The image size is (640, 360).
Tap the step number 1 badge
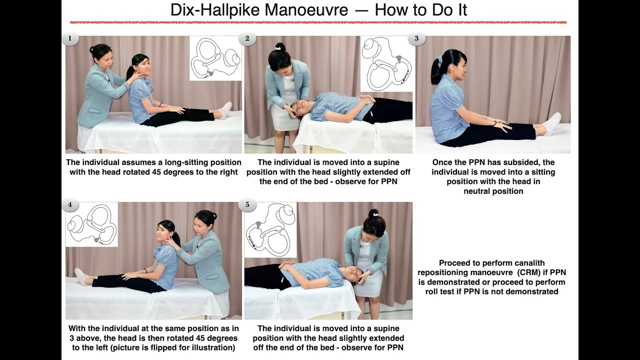pos(70,38)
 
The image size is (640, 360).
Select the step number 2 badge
pos(247,38)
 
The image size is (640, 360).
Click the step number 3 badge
pos(416,38)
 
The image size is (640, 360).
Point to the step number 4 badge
pos(70,204)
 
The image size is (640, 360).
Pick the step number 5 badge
pos(247,204)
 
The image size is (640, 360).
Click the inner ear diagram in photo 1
pos(215,58)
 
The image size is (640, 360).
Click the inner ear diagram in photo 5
pos(270,229)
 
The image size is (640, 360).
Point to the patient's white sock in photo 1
pos(225,109)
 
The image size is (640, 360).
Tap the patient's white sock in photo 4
pos(81,275)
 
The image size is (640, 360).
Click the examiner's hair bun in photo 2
pos(280,47)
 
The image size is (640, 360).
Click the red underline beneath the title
pos(318,22)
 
